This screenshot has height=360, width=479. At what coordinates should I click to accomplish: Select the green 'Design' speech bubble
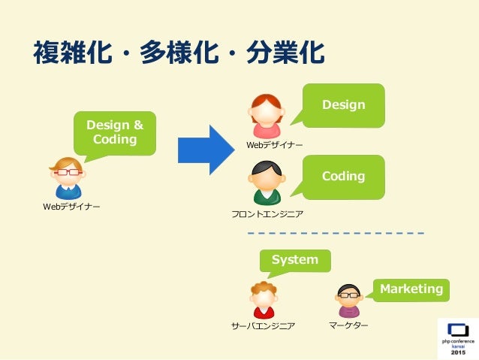click(343, 104)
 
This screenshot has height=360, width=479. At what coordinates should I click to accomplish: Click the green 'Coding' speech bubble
click(343, 177)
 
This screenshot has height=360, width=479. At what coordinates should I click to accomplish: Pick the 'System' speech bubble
click(294, 260)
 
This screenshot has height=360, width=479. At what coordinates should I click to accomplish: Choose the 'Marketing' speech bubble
click(411, 289)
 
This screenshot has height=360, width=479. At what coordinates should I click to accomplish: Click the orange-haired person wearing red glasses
click(68, 178)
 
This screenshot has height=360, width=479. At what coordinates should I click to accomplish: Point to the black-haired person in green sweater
click(266, 185)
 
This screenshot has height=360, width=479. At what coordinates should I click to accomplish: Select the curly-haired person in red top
click(264, 300)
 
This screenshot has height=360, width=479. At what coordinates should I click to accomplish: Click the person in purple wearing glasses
click(349, 301)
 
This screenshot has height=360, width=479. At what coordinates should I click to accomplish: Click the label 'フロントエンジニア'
click(267, 215)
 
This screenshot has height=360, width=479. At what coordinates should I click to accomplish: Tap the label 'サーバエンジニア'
click(264, 326)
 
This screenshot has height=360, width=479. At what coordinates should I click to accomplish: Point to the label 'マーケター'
click(348, 325)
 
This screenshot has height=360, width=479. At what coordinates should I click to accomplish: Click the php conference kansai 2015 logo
click(457, 339)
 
